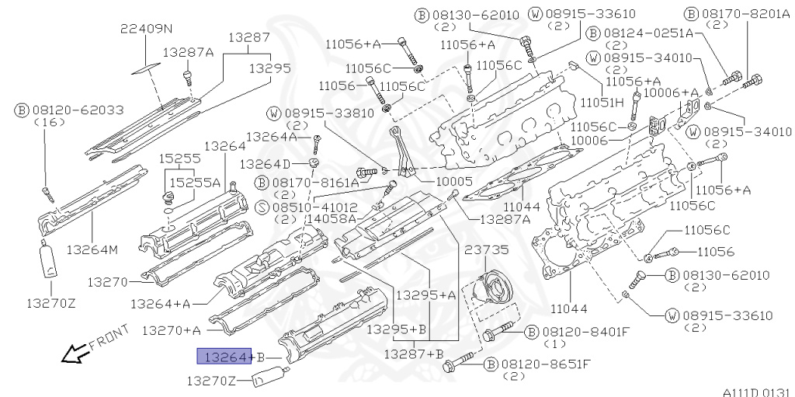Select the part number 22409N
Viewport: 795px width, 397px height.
coord(146,29)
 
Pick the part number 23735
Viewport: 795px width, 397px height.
coord(486,250)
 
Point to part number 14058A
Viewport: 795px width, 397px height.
coord(331,219)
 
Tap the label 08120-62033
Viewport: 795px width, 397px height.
coord(67,110)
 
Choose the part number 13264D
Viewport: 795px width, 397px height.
coord(264,164)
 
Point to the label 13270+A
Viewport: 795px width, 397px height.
coord(171,330)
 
